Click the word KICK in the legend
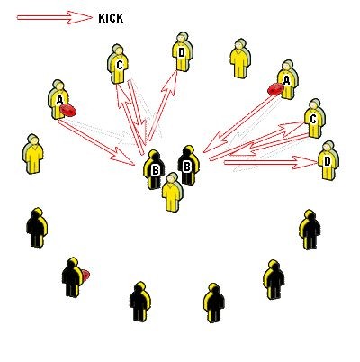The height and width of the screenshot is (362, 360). point(111,18)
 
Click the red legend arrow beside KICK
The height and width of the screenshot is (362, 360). point(55,17)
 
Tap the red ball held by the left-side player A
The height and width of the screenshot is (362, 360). point(68,111)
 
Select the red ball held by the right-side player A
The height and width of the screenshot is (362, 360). point(275,89)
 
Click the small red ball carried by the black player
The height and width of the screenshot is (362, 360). point(85,275)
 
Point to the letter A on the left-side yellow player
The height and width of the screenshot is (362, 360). point(59,100)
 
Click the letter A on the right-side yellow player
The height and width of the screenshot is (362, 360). point(287,80)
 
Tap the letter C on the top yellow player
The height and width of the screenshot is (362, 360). point(120,65)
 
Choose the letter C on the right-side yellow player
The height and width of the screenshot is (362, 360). point(313,119)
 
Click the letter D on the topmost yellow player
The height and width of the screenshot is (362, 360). point(181,53)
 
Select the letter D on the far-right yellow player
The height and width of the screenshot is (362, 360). point(327,161)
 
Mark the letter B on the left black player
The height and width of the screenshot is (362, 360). point(155,170)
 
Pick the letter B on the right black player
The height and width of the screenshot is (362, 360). point(186,166)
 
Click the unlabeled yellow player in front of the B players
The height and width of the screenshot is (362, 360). point(172,192)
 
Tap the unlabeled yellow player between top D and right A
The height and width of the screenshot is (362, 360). point(240,59)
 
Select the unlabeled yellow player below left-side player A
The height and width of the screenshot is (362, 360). point(33,154)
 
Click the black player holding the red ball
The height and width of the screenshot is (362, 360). point(72,277)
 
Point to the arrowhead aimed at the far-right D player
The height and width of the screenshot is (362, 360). point(305,163)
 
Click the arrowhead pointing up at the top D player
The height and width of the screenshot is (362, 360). point(170,82)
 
